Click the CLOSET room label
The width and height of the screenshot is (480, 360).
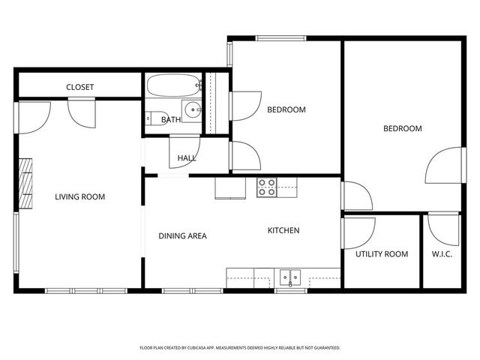79,87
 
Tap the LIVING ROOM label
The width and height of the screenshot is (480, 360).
79,197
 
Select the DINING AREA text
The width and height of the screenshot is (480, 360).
182,235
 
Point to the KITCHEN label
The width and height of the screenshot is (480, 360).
283,230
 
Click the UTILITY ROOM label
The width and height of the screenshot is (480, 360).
382,254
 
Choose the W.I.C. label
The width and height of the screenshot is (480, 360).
441,254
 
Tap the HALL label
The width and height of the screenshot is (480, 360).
187,158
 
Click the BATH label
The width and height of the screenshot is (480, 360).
171,120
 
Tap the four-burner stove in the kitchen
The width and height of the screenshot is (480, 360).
267,187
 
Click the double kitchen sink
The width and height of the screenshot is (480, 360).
289,277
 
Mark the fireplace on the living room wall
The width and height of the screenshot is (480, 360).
27,183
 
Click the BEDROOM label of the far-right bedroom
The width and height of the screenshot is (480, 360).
403,128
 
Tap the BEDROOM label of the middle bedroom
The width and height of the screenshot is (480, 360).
286,109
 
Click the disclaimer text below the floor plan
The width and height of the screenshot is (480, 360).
240,348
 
